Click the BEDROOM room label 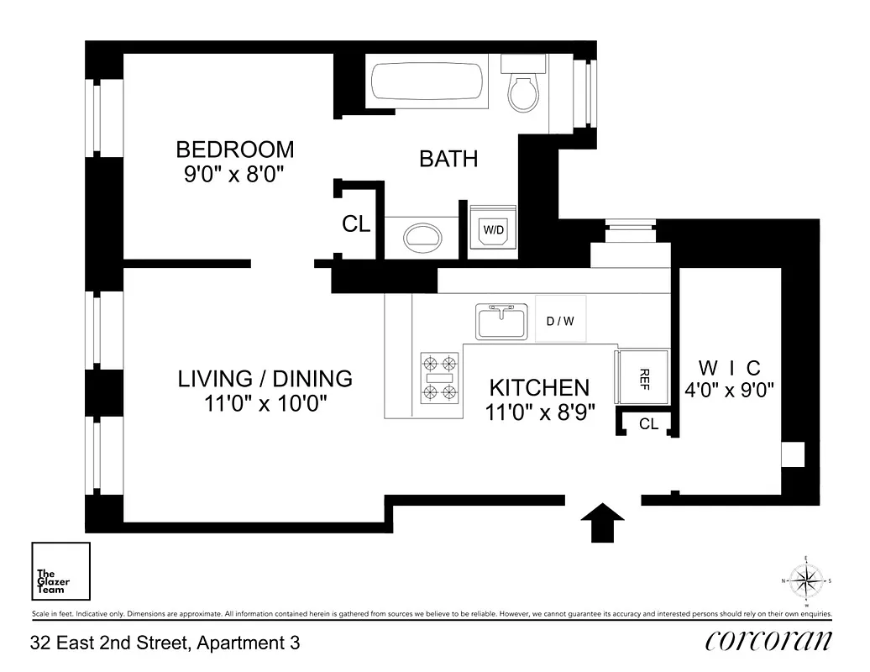(x=235, y=150)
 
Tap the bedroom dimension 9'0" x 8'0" (x=235, y=176)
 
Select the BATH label (x=448, y=159)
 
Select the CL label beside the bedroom (x=355, y=224)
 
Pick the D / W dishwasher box (x=560, y=320)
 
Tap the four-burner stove (x=440, y=378)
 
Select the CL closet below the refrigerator (x=648, y=424)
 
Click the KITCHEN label (x=539, y=388)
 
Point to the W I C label (x=729, y=368)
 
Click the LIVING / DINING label (x=265, y=379)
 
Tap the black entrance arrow (x=603, y=522)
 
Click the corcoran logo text (x=768, y=641)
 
